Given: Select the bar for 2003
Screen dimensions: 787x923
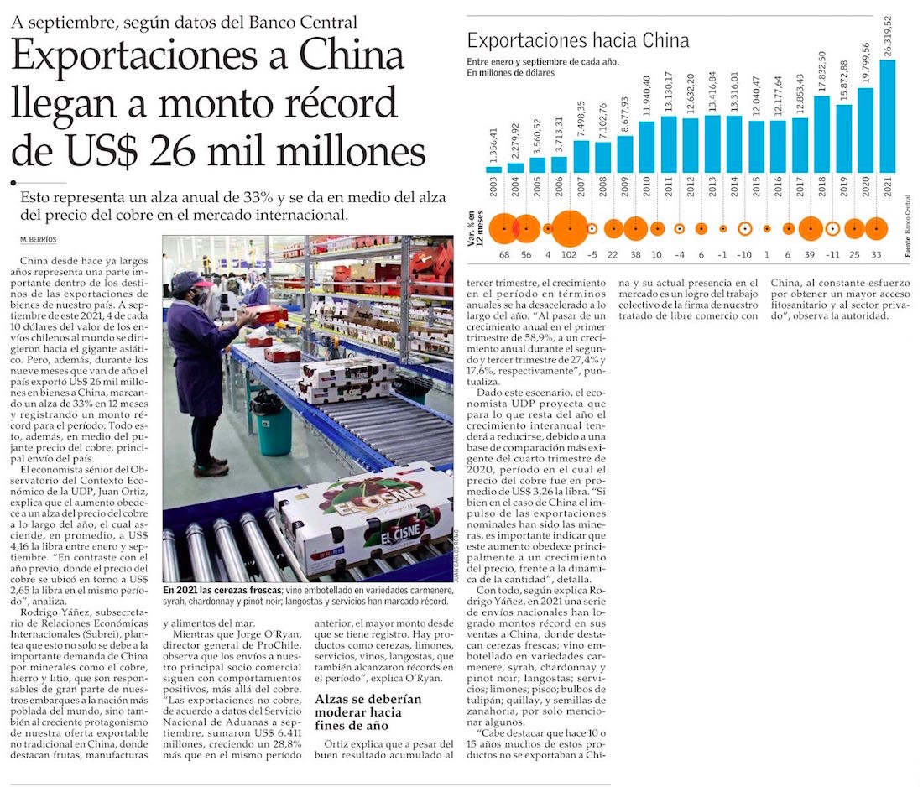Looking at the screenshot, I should tap(494, 169).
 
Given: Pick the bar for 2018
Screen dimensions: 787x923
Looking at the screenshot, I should tap(821, 134).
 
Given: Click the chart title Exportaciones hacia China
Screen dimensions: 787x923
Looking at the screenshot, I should tap(577, 40).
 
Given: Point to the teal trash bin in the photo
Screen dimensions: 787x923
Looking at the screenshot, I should tap(273, 428).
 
